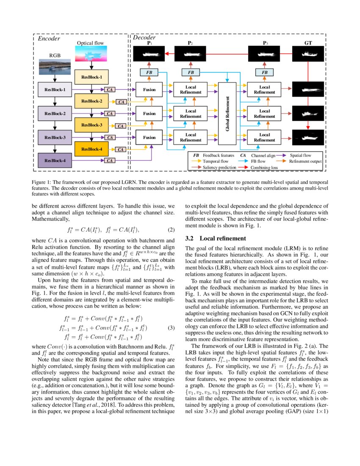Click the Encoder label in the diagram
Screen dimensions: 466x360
click(49, 39)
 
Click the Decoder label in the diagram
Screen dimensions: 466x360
click(144, 38)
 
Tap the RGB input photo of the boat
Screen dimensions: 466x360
click(55, 68)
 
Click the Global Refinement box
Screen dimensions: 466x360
click(227, 113)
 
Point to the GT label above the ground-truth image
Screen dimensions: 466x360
click(308, 43)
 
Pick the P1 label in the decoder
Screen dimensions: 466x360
click(150, 43)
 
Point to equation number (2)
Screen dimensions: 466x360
click(171, 230)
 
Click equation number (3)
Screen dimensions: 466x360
click(171, 328)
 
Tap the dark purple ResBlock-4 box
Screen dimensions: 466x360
click(55, 161)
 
